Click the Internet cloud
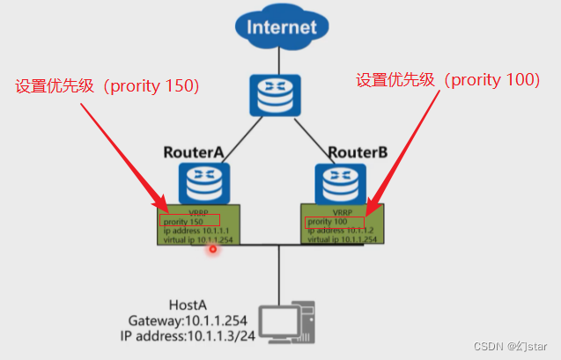(x=279, y=26)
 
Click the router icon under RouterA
(x=204, y=183)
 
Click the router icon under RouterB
(x=342, y=183)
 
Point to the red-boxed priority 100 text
(x=327, y=221)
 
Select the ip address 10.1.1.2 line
(x=338, y=230)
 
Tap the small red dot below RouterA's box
(x=212, y=250)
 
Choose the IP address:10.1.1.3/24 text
(x=186, y=335)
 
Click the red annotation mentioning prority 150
(x=107, y=86)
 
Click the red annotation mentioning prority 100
(x=447, y=80)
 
